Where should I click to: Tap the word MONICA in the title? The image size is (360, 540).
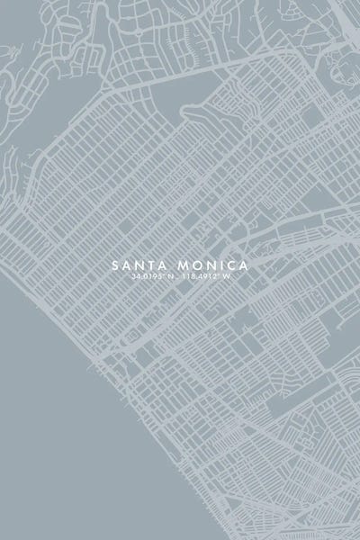[213, 265]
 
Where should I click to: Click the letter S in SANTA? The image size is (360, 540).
[115, 265]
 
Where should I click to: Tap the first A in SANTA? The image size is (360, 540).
[125, 265]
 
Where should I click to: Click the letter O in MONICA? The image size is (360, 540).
[194, 265]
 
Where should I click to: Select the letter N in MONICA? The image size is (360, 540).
[208, 265]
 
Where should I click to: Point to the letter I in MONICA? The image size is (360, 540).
[219, 265]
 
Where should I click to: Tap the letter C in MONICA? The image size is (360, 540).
[229, 265]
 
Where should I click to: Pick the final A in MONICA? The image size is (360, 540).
[242, 265]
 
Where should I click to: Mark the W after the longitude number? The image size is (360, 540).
[231, 277]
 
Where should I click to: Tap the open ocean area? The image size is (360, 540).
[54, 450]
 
